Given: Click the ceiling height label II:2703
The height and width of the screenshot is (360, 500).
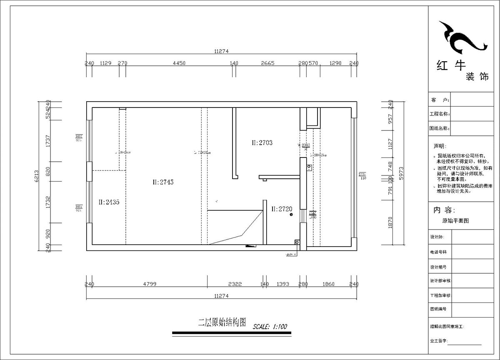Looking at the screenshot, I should (262, 142).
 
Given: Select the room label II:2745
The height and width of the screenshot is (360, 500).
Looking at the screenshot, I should (163, 182).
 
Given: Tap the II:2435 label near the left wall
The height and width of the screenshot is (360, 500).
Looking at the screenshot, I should (109, 202).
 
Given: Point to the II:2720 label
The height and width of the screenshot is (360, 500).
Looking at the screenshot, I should (281, 208).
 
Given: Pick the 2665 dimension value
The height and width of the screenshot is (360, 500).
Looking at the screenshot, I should (267, 63).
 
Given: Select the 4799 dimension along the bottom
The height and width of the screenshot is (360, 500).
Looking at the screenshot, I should (150, 284).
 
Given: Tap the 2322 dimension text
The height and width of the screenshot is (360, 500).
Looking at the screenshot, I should (235, 284).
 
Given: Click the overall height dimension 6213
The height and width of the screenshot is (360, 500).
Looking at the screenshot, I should (37, 176).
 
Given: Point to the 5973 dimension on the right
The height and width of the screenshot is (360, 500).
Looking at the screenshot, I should (402, 176).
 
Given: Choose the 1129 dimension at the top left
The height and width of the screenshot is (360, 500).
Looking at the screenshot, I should (106, 63).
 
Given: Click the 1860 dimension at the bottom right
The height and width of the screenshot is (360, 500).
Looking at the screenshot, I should (328, 284).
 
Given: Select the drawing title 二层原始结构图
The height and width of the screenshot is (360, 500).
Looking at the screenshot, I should (222, 322).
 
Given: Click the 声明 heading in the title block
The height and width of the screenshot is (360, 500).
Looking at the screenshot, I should (439, 147).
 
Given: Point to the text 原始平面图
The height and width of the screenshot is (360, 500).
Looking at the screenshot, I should (455, 221).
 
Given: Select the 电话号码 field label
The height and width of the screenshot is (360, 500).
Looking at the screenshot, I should (438, 252).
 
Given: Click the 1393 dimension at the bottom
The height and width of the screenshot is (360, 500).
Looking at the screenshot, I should (282, 284).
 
